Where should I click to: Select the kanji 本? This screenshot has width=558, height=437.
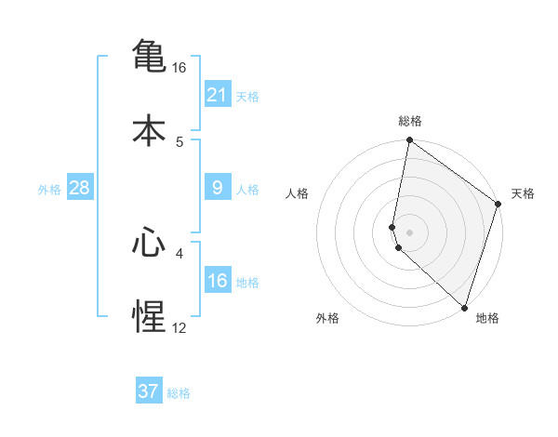pos(149,130)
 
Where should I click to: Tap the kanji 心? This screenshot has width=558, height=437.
pos(149,243)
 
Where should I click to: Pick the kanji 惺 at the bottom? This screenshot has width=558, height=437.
pos(149,317)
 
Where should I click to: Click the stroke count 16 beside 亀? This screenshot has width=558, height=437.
pos(179,68)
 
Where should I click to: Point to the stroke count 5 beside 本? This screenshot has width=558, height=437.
pos(179,142)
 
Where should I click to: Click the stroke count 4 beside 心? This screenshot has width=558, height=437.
pos(179,252)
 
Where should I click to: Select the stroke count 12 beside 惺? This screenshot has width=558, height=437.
pos(179,327)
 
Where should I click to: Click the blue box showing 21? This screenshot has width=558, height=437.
pos(217,95)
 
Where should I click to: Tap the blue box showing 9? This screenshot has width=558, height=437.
pos(217,189)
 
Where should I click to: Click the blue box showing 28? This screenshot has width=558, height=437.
pos(80,189)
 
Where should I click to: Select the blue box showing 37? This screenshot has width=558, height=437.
pos(149,391)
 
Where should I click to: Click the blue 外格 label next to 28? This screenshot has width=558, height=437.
pos(49,190)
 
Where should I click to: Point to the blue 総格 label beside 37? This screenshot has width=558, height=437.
pos(179,393)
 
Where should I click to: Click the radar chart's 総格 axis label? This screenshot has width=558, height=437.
pos(410,121)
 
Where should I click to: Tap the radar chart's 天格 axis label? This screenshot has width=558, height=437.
pos(523,193)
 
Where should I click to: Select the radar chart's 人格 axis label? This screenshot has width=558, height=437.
pos(298,193)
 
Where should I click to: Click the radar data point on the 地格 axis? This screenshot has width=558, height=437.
pos(464,307)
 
